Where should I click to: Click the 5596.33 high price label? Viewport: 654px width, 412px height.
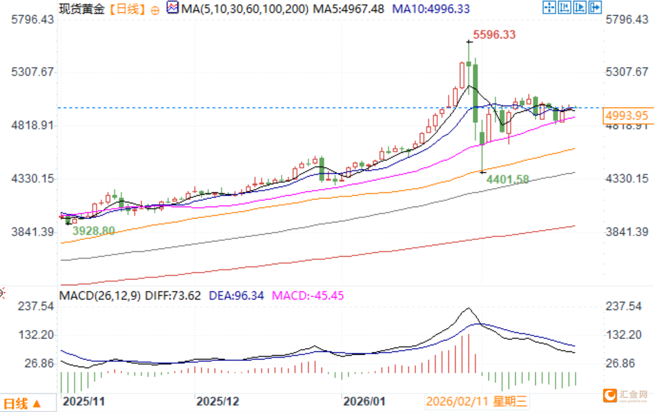(494, 35)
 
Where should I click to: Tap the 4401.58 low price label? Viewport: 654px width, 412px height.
(507, 180)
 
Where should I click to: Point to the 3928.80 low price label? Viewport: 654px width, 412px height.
(93, 231)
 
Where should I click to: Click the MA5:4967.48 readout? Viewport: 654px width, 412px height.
(348, 9)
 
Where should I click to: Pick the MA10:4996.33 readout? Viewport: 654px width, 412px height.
(431, 9)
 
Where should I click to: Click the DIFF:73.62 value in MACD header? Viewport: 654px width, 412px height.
(173, 296)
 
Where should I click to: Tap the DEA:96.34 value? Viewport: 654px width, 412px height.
(236, 296)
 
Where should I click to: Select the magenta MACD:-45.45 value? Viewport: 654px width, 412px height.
(307, 296)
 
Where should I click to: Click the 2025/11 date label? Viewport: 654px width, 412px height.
(84, 401)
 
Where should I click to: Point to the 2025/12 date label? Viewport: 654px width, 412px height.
(218, 401)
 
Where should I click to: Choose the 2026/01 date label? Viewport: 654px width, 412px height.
(364, 401)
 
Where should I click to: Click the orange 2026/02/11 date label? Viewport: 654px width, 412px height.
(476, 401)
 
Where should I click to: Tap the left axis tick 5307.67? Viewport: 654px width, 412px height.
(33, 72)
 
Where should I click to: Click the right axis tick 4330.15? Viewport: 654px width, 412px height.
(627, 178)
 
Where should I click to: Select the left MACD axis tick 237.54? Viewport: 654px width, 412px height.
(36, 306)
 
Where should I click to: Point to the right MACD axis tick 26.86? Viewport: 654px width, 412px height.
(620, 363)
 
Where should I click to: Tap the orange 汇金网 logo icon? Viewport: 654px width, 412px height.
(610, 395)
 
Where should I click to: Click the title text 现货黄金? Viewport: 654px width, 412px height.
(82, 9)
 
